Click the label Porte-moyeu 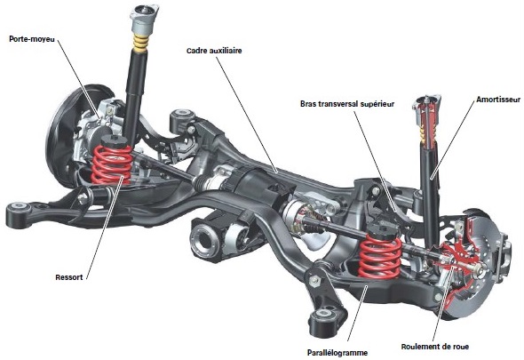tap(32, 39)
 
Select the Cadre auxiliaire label tap(214, 51)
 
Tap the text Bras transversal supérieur tap(347, 104)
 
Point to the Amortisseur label tap(498, 100)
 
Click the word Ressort tap(69, 277)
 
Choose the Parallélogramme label tap(337, 353)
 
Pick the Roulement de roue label tap(435, 347)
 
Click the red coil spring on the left tap(111, 164)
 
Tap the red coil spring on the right tap(380, 256)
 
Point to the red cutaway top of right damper tap(426, 122)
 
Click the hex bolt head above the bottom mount tap(314, 280)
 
